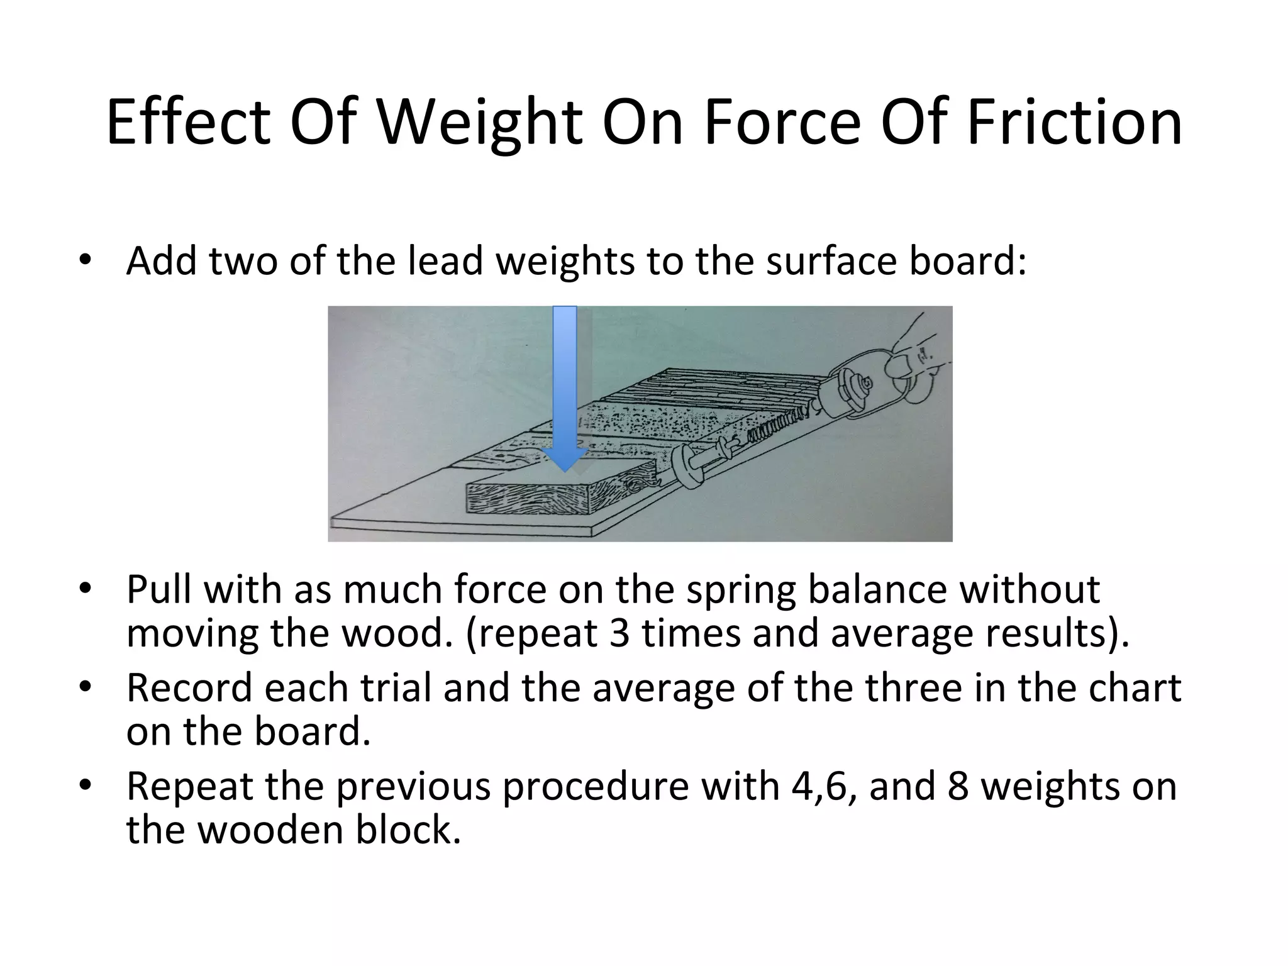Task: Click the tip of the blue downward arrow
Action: pos(565,469)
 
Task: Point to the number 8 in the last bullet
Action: pos(957,786)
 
